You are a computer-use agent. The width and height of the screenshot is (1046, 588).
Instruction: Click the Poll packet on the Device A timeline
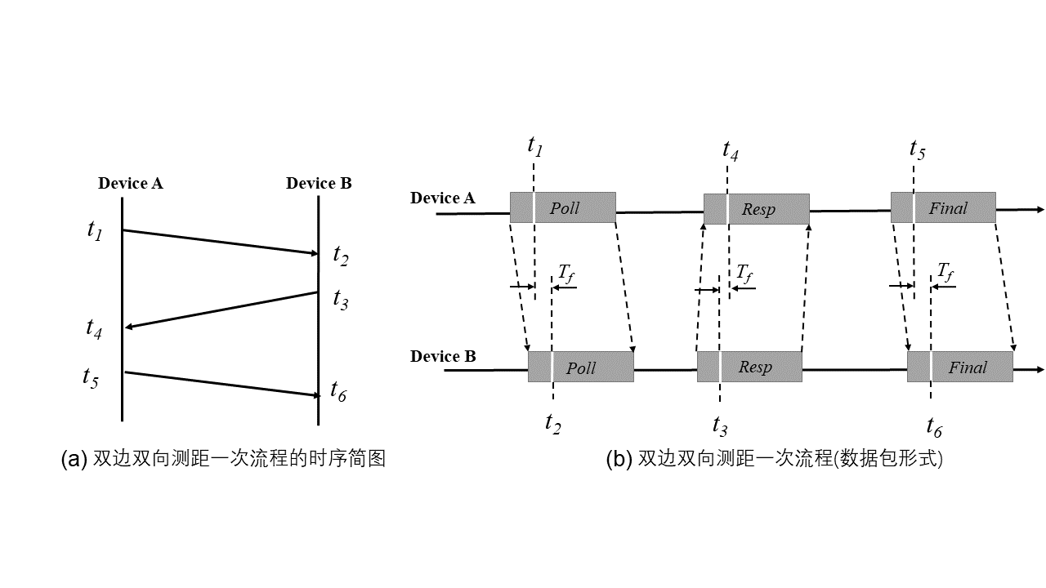tap(562, 207)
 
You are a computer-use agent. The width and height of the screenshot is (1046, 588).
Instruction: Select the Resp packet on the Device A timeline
tap(756, 209)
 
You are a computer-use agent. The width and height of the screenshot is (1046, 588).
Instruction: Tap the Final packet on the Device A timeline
tap(943, 207)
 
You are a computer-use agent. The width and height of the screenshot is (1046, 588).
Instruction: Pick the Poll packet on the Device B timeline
tap(580, 367)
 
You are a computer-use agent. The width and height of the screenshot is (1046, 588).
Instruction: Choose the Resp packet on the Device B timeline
tap(749, 367)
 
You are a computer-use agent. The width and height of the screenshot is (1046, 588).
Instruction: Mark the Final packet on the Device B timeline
tap(960, 367)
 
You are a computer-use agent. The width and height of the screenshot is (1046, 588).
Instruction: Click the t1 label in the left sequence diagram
tap(95, 230)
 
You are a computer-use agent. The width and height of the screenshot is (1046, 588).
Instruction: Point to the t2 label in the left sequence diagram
tap(341, 256)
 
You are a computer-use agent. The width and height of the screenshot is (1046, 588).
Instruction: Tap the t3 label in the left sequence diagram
tap(341, 300)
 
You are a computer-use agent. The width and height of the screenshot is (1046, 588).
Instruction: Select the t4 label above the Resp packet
tap(731, 150)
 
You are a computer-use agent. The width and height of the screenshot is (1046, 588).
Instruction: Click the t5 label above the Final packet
tap(918, 149)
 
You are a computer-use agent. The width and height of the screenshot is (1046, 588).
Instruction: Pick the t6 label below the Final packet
tap(934, 425)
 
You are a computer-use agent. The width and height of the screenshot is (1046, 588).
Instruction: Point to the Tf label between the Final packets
tap(945, 271)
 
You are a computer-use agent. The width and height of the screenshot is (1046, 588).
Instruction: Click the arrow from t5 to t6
tap(221, 384)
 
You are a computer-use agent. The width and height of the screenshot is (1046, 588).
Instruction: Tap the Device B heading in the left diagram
tap(319, 183)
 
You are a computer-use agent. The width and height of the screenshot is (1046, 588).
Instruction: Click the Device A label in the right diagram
tap(442, 198)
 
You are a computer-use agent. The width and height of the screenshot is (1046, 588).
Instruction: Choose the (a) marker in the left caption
tap(74, 459)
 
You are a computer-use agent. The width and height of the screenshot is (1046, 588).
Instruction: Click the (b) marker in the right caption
tap(619, 459)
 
